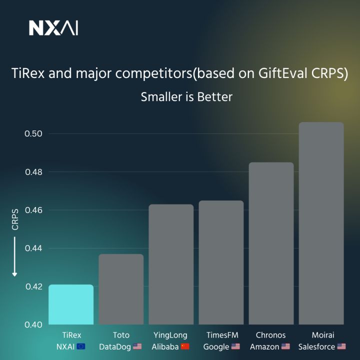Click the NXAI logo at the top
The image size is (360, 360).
53,28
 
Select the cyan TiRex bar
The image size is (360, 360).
71,304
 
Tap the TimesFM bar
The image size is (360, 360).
221,262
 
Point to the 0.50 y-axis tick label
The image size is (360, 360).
33,134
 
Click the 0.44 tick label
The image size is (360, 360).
33,248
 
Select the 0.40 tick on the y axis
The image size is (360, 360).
33,324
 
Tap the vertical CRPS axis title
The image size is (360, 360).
15,219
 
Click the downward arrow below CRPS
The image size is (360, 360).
15,257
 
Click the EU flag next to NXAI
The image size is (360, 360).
81,346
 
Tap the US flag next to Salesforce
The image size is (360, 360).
341,346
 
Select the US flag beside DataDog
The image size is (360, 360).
137,346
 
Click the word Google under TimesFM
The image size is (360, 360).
216,346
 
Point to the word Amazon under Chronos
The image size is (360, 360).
264,346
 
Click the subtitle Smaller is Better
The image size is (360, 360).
186,97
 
